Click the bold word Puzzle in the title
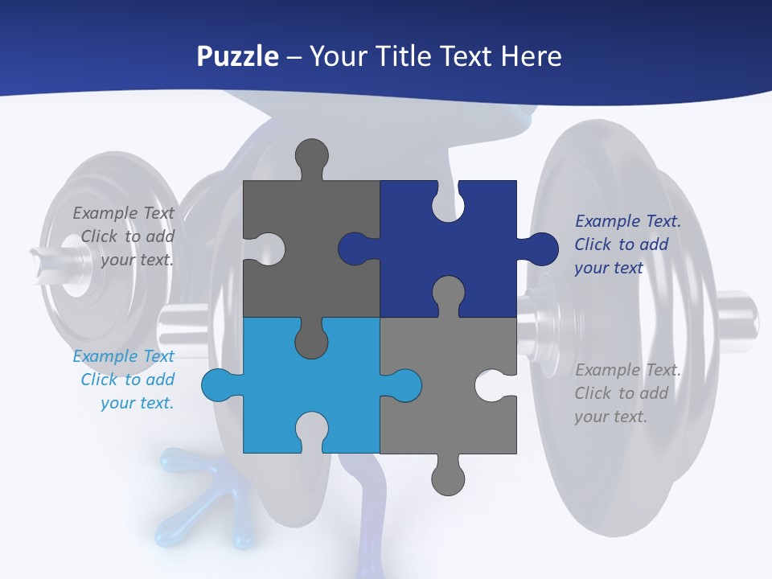[237, 56]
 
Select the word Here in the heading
[531, 56]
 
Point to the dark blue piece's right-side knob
[540, 248]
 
